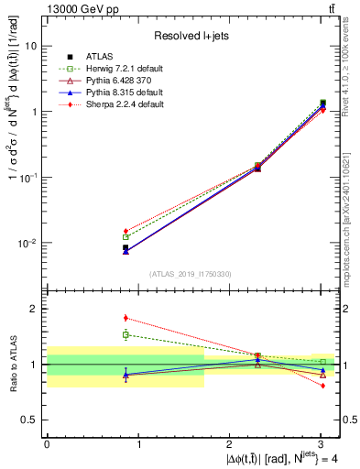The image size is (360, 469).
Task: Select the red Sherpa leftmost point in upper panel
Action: coord(125,231)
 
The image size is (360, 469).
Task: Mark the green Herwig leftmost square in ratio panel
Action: coord(125,334)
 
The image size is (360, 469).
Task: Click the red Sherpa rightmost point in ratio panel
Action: coord(322,386)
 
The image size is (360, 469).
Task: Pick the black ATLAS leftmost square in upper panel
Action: coord(125,247)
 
